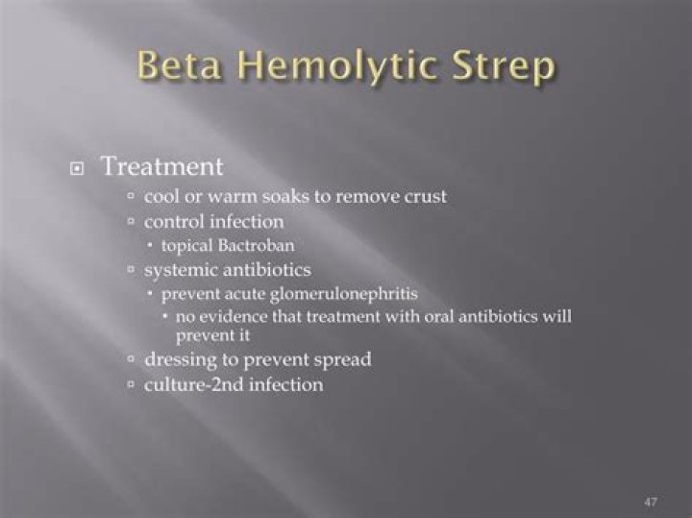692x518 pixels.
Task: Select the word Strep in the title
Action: pos(501,68)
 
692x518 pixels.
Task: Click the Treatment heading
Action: pos(161,166)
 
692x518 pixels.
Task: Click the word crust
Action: pos(425,197)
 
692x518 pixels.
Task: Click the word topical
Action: pos(186,245)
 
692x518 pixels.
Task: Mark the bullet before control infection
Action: pos(132,222)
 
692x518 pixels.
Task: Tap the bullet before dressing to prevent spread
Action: pos(132,360)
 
